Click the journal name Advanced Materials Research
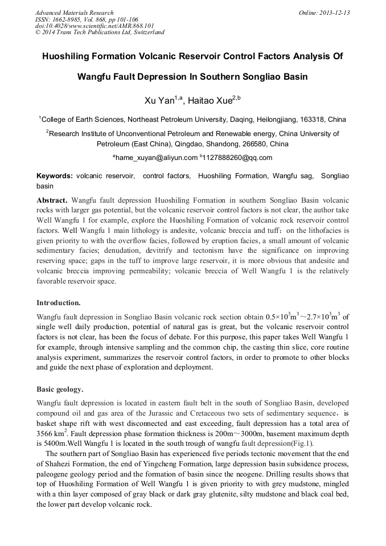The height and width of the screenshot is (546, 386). pyautogui.click(x=74, y=13)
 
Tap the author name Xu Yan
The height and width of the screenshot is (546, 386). pyautogui.click(x=158, y=101)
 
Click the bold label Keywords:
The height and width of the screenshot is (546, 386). pyautogui.click(x=55, y=176)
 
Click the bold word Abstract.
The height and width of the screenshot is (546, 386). pyautogui.click(x=52, y=201)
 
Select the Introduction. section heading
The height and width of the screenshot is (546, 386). pyautogui.click(x=59, y=302)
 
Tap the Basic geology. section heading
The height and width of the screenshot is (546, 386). pyautogui.click(x=60, y=390)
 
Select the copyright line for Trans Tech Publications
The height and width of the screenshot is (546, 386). pyautogui.click(x=100, y=32)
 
